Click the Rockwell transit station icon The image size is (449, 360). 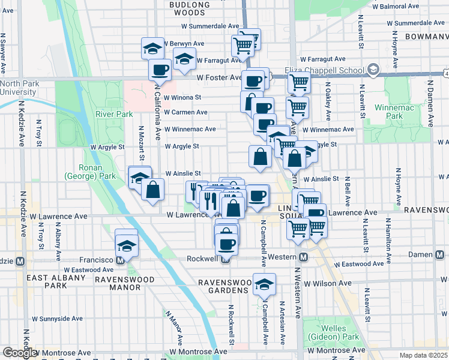pyautogui.click(x=225, y=259)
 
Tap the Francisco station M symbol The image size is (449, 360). pyautogui.click(x=120, y=260)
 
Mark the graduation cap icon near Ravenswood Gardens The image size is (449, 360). pyautogui.click(x=264, y=284)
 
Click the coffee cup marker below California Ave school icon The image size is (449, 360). pyautogui.click(x=160, y=70)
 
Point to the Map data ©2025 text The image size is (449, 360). pyautogui.click(x=424, y=355)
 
